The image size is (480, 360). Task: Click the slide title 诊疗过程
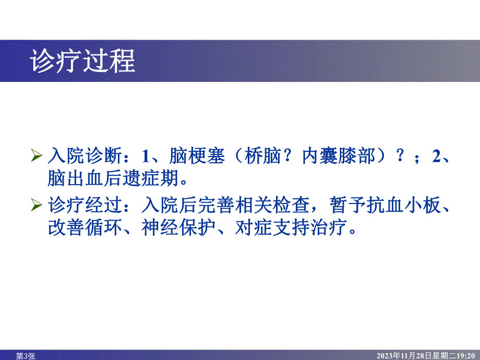(83, 62)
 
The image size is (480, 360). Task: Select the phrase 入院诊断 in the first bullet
(86, 156)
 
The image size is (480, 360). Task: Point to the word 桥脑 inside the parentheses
(259, 156)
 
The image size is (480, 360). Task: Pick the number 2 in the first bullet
(437, 156)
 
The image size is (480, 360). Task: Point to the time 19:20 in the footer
(467, 355)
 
